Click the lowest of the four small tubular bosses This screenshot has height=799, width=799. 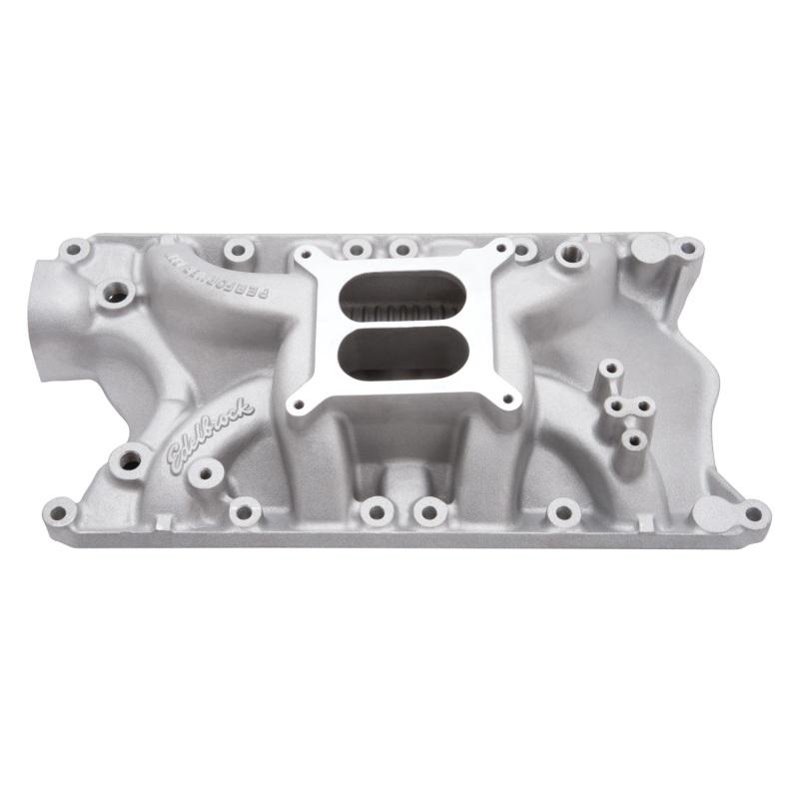tap(630, 437)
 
